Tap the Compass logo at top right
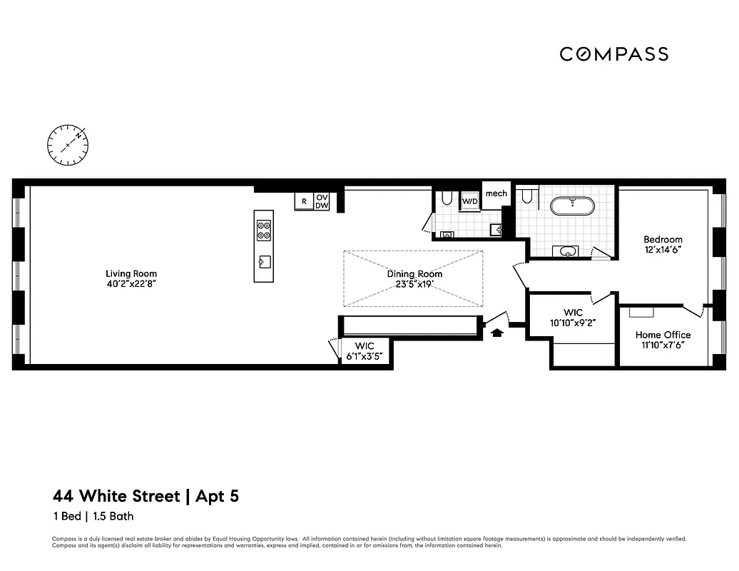point(613,54)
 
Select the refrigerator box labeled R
point(304,202)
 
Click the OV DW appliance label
point(322,201)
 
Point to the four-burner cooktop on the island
point(263,230)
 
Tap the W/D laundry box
point(470,201)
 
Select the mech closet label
point(496,193)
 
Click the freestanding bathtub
point(571,206)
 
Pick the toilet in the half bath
point(446,198)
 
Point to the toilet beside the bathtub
point(528,196)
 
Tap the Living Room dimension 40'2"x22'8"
point(131,283)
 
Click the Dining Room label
point(414,274)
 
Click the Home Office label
point(663,335)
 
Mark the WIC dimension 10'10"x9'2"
point(573,323)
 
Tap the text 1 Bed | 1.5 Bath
point(93,516)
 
